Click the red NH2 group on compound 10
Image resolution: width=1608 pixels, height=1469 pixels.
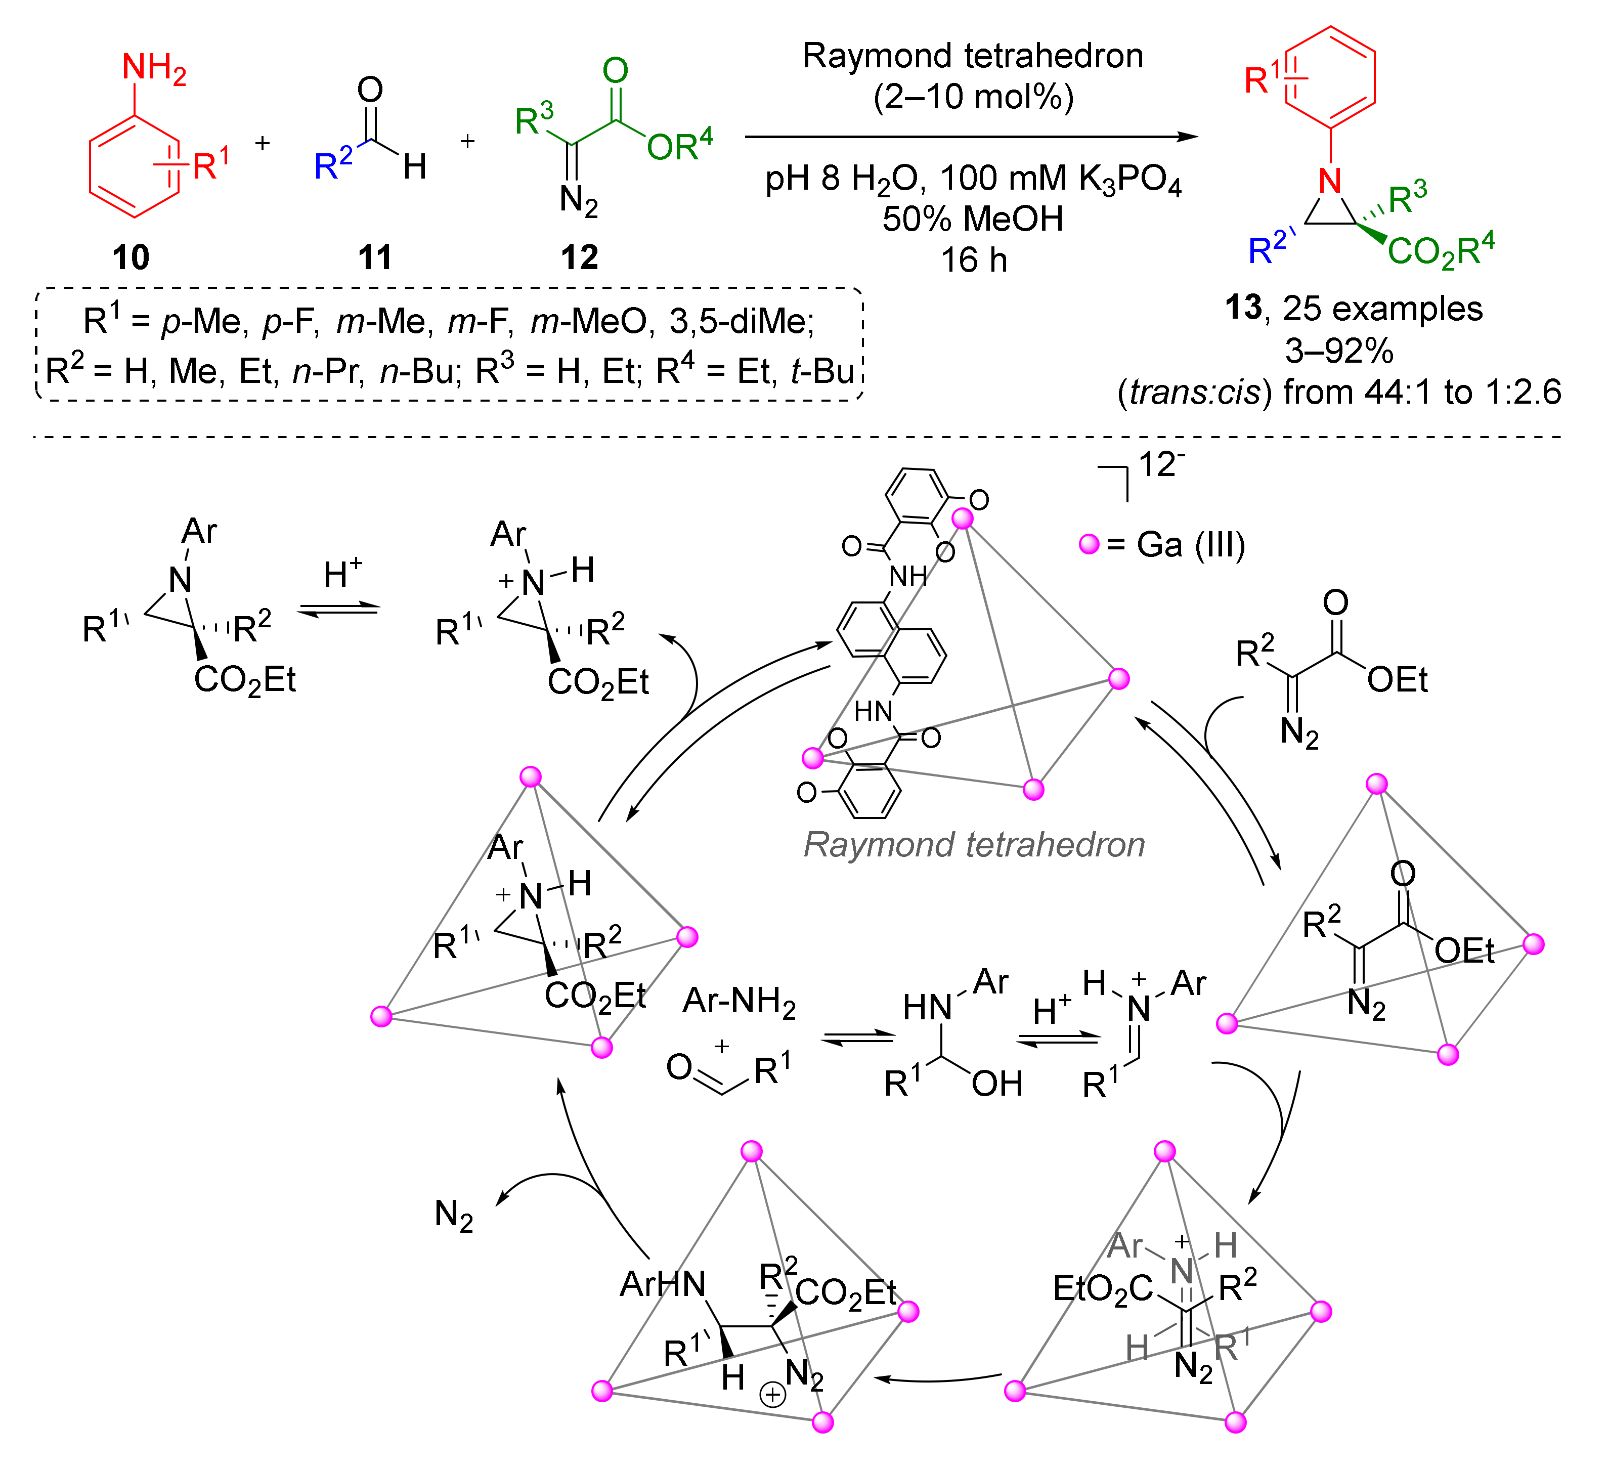coord(153,70)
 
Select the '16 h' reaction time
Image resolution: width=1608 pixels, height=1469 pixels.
coord(973,261)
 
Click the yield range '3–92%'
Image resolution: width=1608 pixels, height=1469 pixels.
coord(1339,351)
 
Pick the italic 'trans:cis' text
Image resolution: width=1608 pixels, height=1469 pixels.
coord(1194,393)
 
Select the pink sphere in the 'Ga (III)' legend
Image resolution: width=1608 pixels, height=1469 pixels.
coord(1089,545)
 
